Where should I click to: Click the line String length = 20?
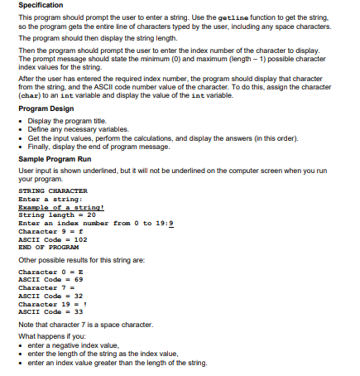[x=57, y=215]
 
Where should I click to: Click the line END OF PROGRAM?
[x=47, y=246]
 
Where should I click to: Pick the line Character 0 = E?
[x=51, y=272]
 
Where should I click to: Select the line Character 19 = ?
[x=54, y=303]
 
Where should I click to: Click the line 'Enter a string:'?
[x=50, y=200]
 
